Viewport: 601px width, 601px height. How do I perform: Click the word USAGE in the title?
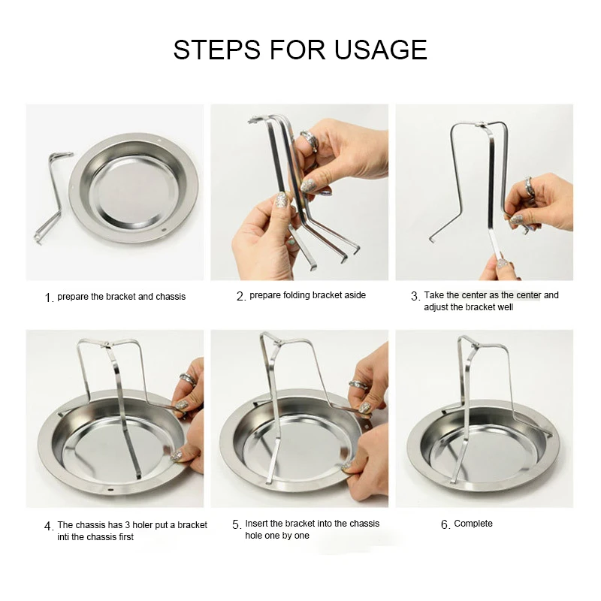tap(381, 50)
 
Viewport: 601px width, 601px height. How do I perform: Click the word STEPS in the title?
tap(217, 50)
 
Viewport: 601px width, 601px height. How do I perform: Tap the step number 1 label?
tap(49, 297)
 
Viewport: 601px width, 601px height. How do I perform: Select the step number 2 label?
tap(240, 296)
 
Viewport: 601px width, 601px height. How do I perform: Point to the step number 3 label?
tap(415, 296)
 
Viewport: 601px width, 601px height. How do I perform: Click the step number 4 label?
tap(49, 527)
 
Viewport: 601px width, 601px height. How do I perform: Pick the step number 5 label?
tap(237, 524)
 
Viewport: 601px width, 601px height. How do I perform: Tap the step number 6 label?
tap(445, 524)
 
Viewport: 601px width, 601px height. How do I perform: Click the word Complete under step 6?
tap(473, 524)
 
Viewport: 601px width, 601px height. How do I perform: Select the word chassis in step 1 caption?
tap(171, 297)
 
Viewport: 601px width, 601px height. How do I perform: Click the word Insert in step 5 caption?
tap(256, 524)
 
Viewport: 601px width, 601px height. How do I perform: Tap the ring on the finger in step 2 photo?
tap(310, 141)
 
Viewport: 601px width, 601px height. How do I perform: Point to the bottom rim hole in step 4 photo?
tap(110, 490)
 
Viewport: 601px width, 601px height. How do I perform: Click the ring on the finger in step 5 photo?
tap(358, 385)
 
